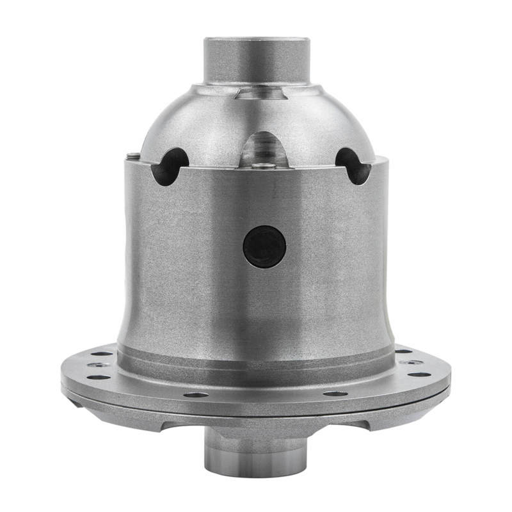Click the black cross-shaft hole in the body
(x=264, y=246)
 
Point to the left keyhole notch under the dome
(x=170, y=165)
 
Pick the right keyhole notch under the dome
(x=353, y=164)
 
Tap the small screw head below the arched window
(x=264, y=166)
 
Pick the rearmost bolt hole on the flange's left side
(x=102, y=353)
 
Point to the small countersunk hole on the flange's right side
(x=413, y=362)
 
